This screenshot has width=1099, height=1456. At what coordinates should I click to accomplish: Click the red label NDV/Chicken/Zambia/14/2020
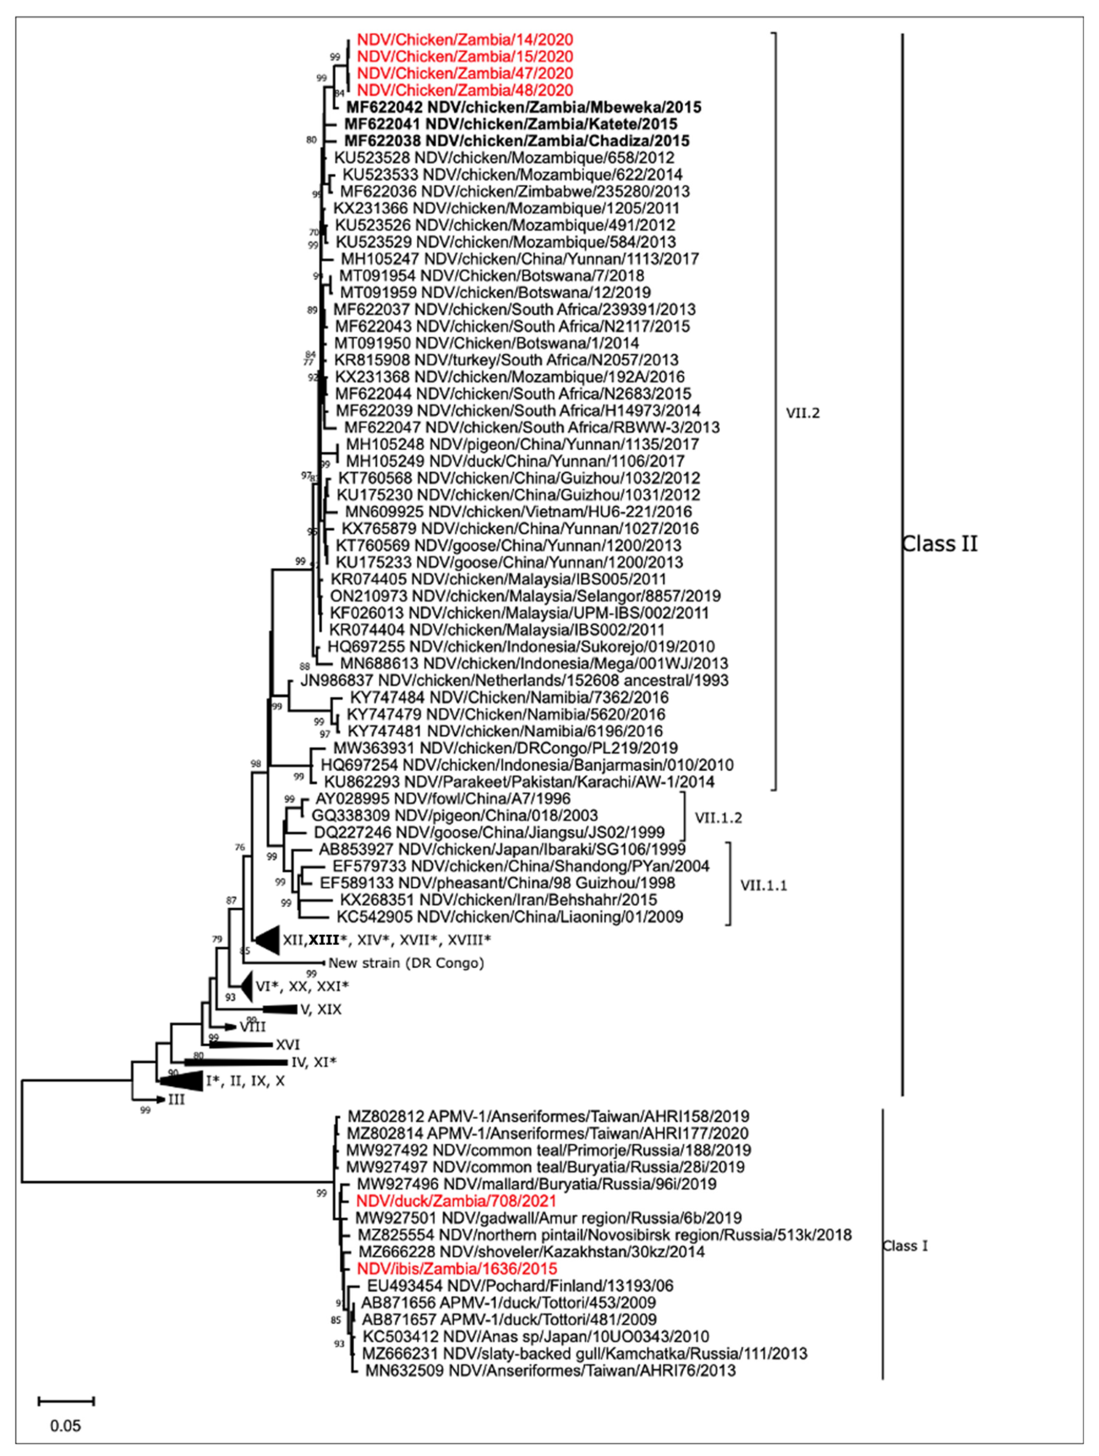[x=465, y=40]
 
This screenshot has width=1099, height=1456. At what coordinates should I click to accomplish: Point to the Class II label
[x=940, y=544]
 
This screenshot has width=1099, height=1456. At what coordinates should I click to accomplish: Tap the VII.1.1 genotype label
[x=764, y=885]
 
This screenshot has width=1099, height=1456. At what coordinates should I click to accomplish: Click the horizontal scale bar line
[x=66, y=1400]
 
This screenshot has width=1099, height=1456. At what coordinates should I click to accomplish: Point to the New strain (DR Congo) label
[x=406, y=963]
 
